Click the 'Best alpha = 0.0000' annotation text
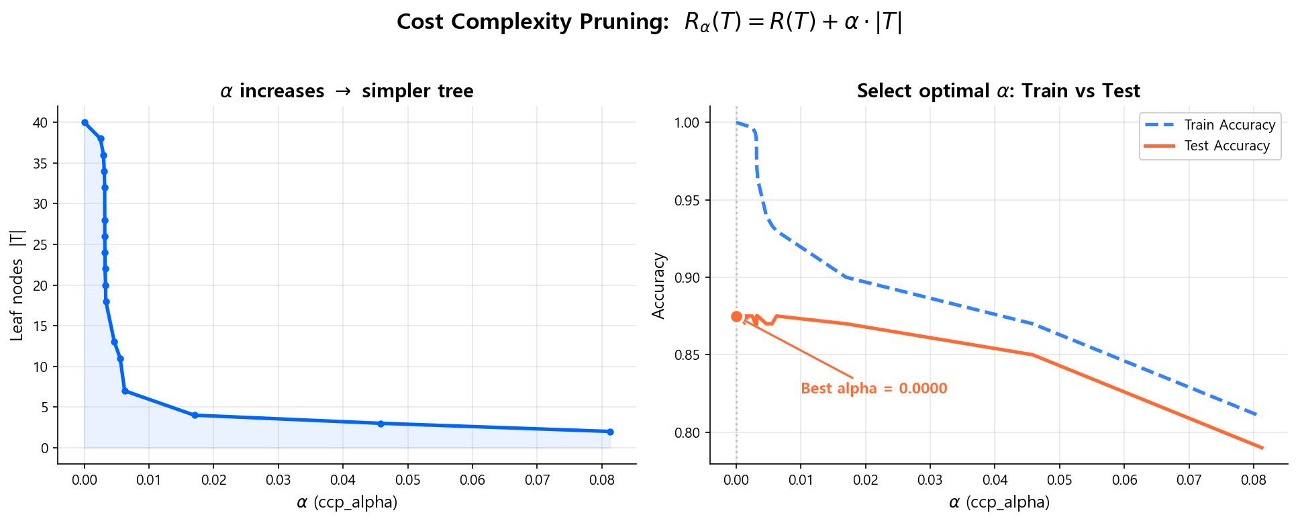coord(874,389)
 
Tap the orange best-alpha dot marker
coord(736,316)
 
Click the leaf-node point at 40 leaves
coord(85,122)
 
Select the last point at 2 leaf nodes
coord(610,432)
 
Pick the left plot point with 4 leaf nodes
coord(195,415)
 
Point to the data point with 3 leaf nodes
coord(381,424)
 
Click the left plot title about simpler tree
coord(346,91)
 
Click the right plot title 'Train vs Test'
coord(998,91)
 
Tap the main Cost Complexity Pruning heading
coord(649,22)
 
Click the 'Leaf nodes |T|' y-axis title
coord(17,285)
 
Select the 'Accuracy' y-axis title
coord(658,285)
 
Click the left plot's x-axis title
coord(346,502)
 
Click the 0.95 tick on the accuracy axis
coord(686,200)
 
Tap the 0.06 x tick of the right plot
coord(1124,481)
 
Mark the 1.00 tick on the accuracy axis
coord(686,122)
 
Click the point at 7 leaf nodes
coord(125,391)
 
